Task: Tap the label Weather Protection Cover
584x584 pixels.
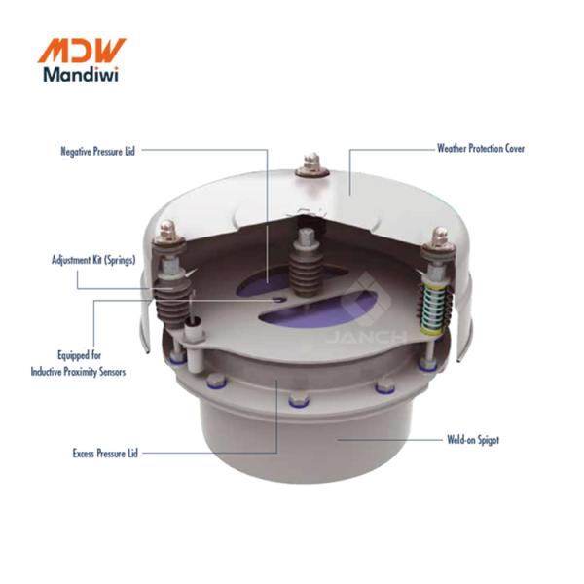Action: click(481, 149)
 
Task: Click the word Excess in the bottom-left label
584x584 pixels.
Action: click(86, 453)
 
